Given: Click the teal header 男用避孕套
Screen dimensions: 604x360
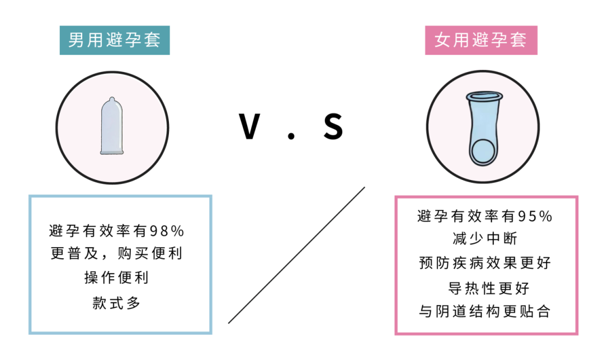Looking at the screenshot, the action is tap(115, 40).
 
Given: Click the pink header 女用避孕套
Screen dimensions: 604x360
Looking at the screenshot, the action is tap(481, 40).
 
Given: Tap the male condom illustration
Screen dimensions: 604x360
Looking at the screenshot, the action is tap(112, 126).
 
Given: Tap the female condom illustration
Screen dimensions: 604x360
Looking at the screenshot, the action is tap(483, 128).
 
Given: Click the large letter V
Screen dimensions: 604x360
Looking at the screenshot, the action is tap(249, 126).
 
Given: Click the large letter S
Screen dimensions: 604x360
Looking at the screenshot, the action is tap(333, 126).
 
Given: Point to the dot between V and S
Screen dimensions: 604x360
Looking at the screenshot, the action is tap(291, 135).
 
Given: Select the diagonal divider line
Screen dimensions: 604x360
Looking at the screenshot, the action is tap(296, 255).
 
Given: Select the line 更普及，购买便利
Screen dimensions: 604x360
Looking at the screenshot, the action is tap(116, 253).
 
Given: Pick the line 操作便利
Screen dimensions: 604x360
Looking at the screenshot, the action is tap(116, 277).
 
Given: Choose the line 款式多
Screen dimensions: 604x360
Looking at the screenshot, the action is tap(116, 303).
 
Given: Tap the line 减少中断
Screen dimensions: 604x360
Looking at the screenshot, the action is tap(484, 239).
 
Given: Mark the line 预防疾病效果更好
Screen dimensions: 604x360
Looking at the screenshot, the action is tap(484, 263).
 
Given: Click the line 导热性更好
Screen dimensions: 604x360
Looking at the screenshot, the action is tap(488, 288).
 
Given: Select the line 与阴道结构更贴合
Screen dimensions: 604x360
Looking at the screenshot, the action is tap(484, 311).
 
